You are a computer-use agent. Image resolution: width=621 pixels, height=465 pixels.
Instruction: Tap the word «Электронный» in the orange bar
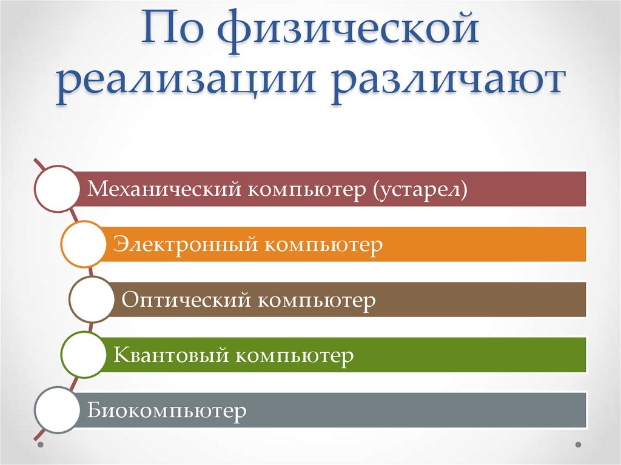click(182, 245)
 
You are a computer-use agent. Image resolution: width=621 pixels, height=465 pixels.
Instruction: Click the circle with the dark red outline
click(57, 189)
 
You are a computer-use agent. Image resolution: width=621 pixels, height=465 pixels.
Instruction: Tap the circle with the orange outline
click(84, 244)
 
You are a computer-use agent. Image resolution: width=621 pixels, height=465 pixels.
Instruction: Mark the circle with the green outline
click(84, 355)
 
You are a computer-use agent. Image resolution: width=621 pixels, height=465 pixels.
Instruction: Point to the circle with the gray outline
click(57, 410)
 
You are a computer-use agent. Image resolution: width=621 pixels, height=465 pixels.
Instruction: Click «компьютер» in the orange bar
click(324, 245)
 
